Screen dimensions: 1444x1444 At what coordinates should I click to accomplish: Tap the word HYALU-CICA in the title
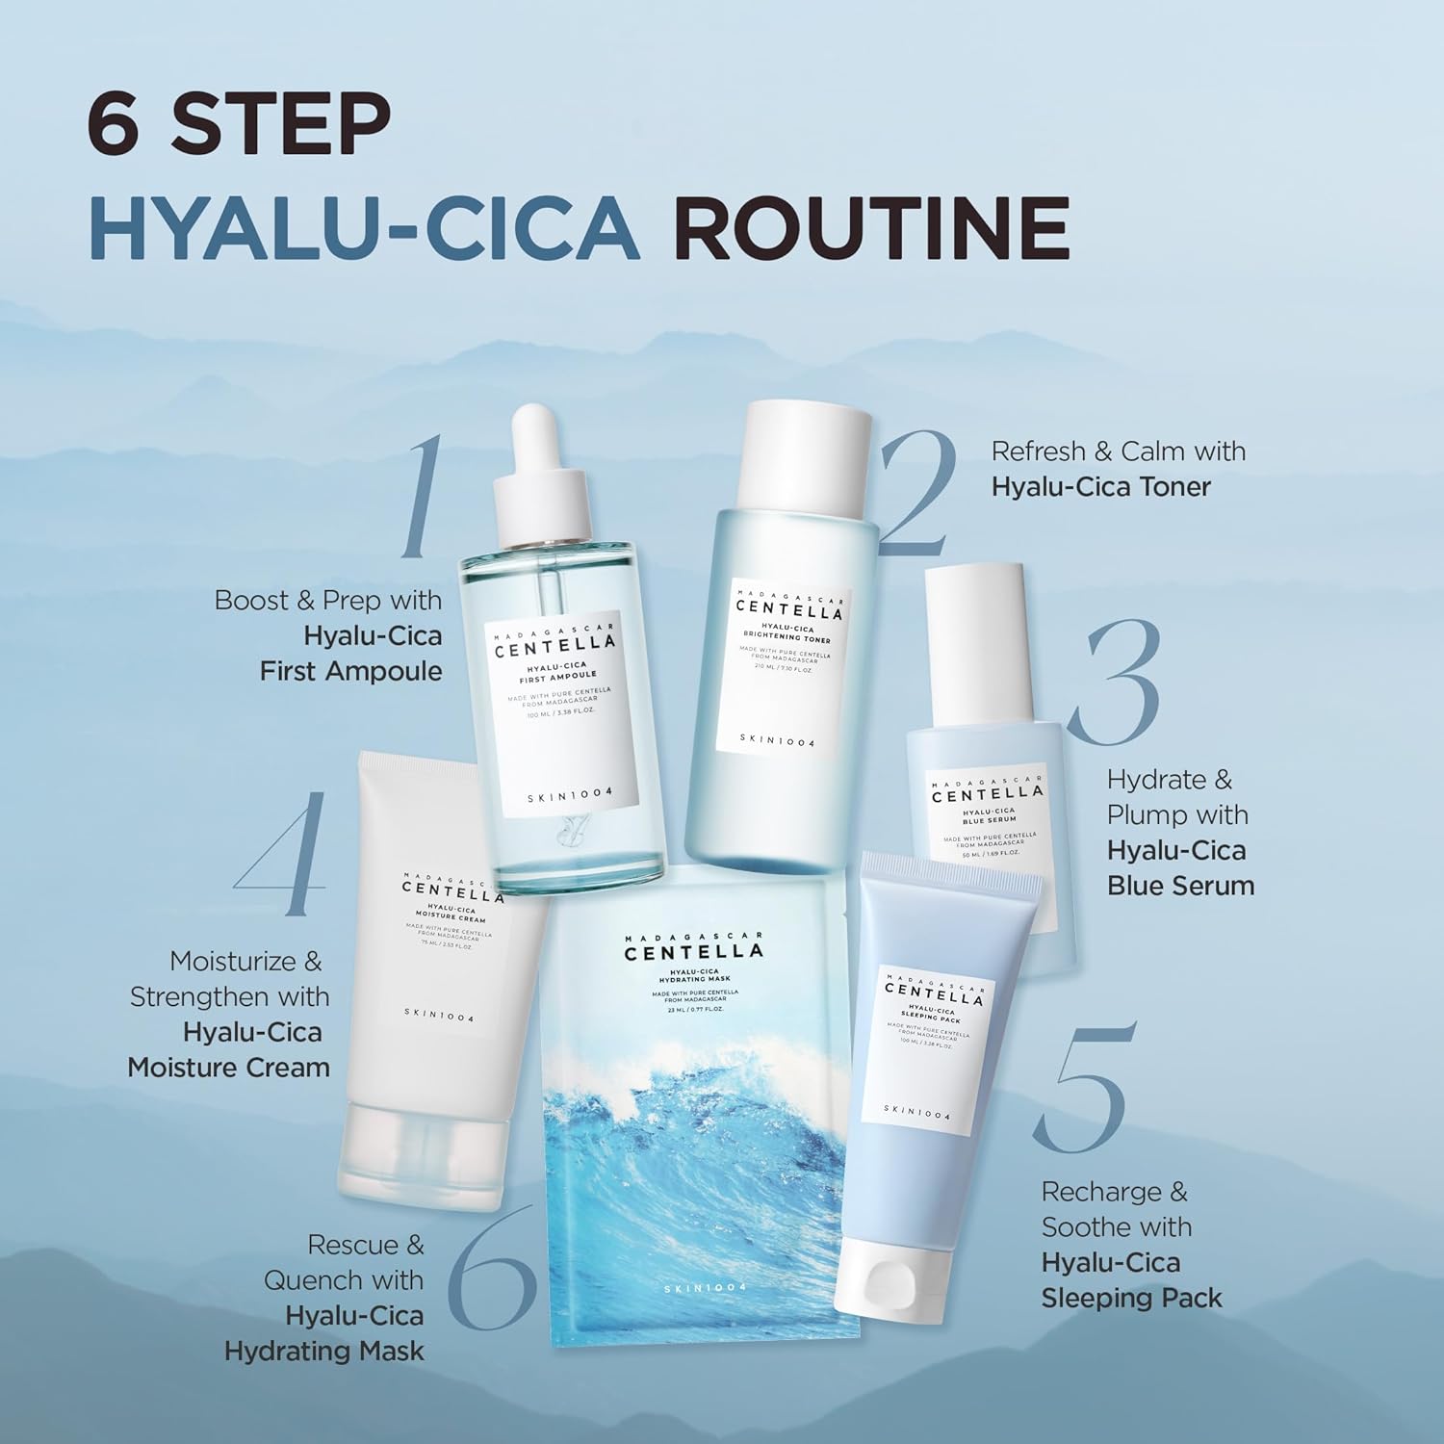coord(364,228)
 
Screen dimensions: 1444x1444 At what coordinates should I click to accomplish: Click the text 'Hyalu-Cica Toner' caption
coord(1100,486)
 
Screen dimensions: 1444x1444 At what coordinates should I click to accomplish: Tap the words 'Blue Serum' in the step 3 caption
coord(1180,886)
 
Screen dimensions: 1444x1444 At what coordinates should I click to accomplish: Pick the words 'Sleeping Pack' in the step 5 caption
coord(1131,1298)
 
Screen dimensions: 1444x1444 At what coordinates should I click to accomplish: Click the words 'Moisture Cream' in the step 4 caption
coord(228,1068)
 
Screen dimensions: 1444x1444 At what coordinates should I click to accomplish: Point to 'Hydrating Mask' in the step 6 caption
coord(323,1352)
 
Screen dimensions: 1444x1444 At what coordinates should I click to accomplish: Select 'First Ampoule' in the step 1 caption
coord(350,671)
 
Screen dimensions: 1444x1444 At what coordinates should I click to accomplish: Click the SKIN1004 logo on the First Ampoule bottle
coord(570,795)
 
